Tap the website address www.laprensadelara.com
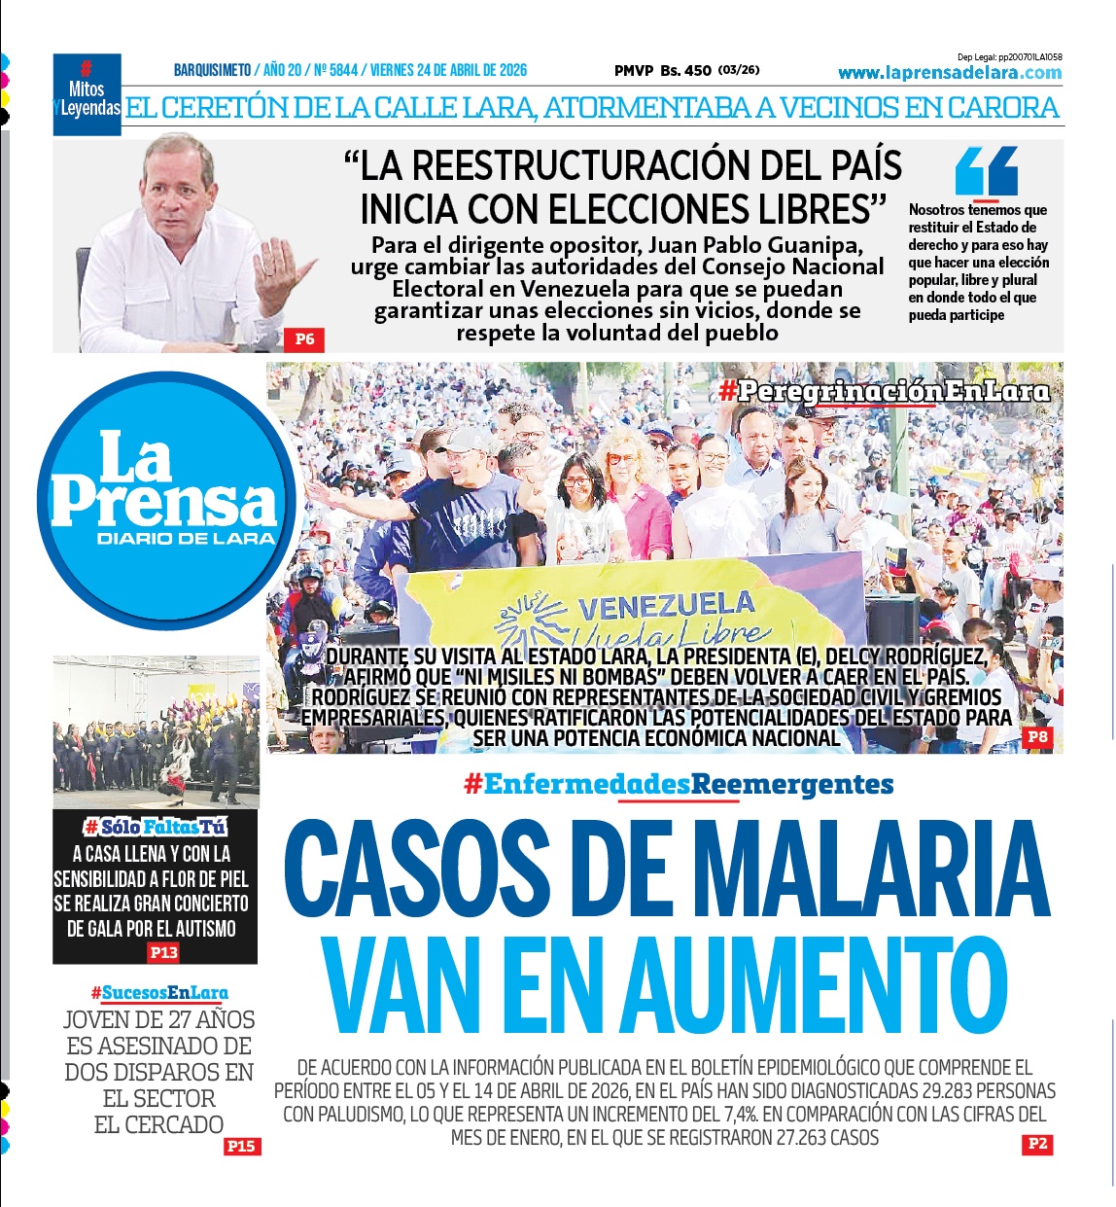coord(949,73)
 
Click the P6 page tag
coord(304,339)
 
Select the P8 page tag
coord(1037,737)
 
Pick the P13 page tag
coord(163,953)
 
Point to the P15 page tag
coord(240,1147)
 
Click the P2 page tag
coord(1037,1144)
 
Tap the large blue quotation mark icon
coord(986,172)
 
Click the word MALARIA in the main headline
coord(876,869)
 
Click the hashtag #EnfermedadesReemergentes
coord(679,784)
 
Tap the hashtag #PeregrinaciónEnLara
coord(884,391)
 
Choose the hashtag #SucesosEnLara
coord(159,993)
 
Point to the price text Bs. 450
coord(685,70)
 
